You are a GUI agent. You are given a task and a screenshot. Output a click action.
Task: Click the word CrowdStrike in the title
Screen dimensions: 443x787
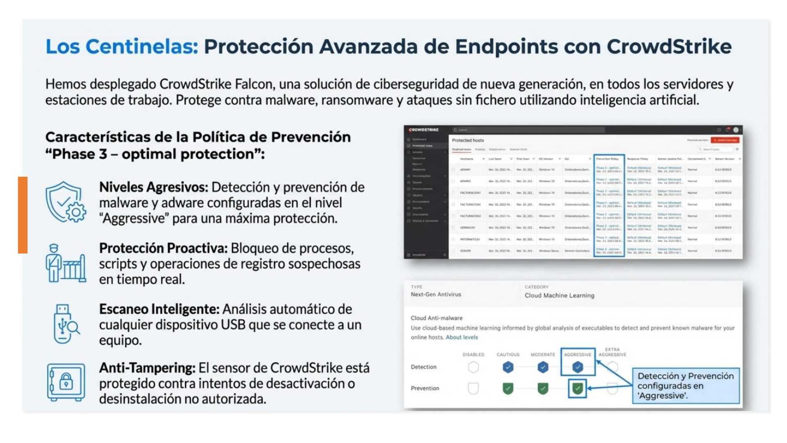pos(669,46)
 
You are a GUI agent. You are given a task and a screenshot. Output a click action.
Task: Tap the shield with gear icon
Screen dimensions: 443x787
pos(66,202)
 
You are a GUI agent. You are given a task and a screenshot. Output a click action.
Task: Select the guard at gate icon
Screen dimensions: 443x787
pos(66,263)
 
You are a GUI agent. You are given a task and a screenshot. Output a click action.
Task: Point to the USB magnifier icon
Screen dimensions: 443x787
pos(66,324)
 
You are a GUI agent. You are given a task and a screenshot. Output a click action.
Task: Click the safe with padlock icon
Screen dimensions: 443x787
pos(66,382)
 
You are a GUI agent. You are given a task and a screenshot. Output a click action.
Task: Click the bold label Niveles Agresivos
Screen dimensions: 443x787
pos(153,187)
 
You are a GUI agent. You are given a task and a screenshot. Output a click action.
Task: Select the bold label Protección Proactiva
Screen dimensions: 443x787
pos(163,249)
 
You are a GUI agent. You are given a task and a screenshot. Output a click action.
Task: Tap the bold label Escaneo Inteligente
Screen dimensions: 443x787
pos(159,309)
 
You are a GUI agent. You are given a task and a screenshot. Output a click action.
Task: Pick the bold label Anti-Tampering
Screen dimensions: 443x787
pos(147,368)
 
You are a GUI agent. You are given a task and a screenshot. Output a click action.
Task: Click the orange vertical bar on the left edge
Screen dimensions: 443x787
pos(23,215)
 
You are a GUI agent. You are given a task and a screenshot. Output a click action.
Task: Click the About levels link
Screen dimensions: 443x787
pos(462,337)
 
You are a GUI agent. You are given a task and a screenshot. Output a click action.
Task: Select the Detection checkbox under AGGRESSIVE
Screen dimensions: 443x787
pos(578,367)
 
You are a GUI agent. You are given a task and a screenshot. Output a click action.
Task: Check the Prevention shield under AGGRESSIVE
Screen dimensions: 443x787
pos(578,388)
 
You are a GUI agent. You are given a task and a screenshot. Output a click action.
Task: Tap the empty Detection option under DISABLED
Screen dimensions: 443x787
pos(473,367)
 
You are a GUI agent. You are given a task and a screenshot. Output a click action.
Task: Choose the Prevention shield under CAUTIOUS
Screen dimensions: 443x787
pos(508,388)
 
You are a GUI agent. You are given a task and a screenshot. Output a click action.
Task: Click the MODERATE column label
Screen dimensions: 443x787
pos(543,354)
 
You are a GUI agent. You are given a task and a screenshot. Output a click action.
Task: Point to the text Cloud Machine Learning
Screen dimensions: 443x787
pos(559,295)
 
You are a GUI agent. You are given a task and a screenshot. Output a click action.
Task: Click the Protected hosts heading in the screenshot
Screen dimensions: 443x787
pos(468,140)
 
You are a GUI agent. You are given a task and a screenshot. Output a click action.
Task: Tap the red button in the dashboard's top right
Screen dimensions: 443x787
pos(725,140)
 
